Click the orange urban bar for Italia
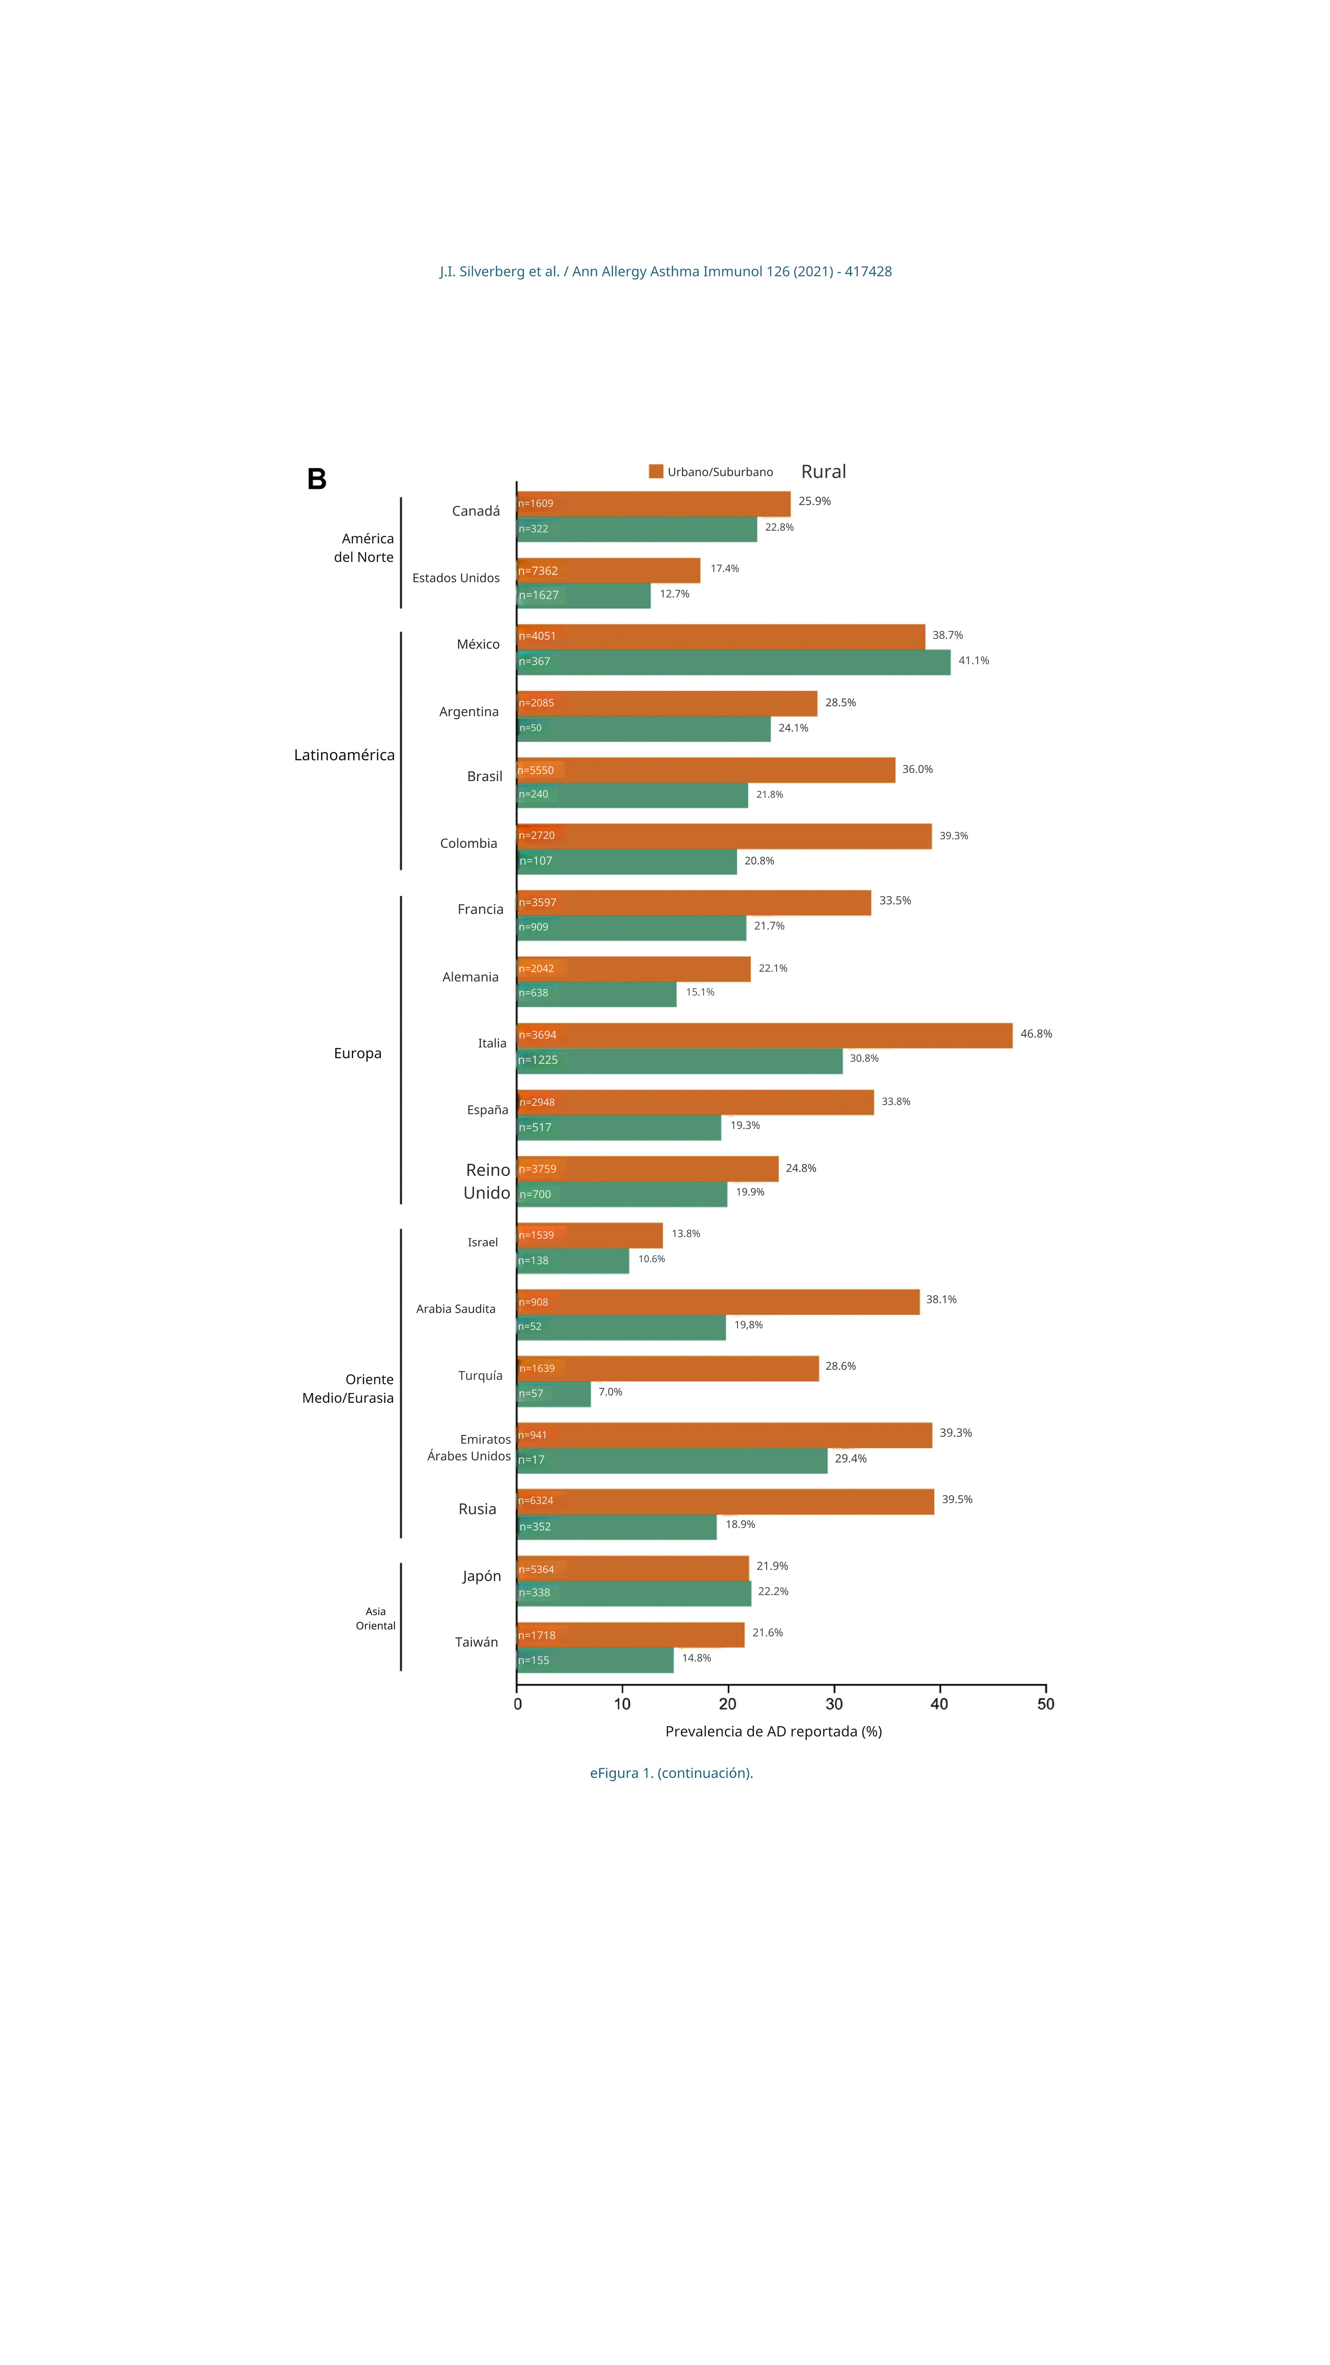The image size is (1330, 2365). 765,1035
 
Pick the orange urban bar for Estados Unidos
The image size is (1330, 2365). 609,570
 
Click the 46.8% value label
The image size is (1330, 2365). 1035,1034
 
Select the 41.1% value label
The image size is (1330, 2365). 973,660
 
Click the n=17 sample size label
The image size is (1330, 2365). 531,1460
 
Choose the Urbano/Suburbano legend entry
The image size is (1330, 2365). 711,472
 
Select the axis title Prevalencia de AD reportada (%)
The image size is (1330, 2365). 773,1731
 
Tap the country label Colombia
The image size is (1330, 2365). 468,843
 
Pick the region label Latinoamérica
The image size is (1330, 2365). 344,755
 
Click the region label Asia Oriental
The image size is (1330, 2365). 375,1619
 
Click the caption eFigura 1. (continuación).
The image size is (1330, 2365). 671,1773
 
